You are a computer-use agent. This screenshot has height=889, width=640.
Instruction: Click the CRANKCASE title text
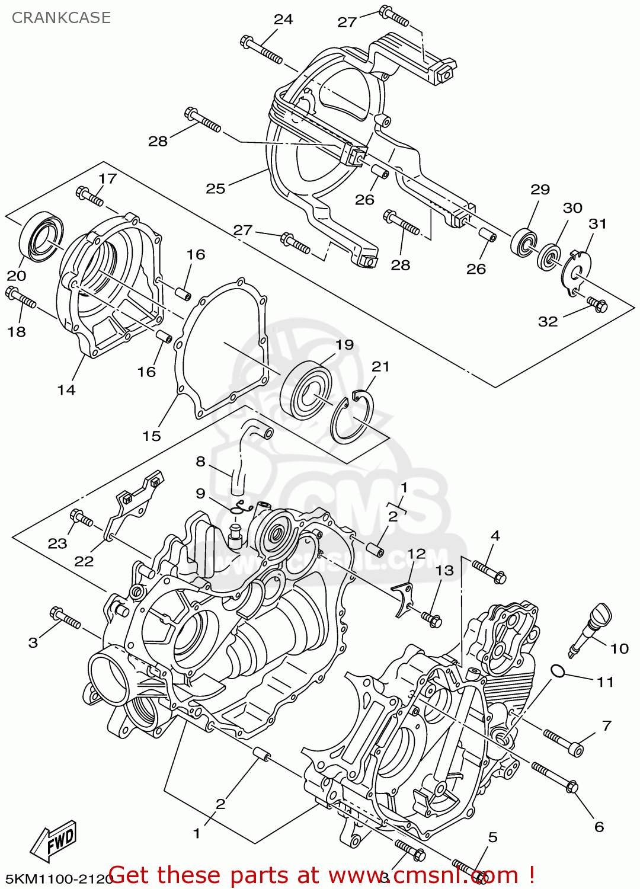[61, 18]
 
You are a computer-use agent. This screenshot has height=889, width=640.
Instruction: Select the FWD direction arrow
[54, 841]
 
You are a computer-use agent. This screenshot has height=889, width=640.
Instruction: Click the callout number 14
[66, 390]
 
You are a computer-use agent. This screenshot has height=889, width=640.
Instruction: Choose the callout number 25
[215, 188]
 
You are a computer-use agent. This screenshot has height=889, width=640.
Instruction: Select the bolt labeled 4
[488, 571]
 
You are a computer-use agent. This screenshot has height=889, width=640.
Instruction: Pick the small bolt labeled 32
[597, 305]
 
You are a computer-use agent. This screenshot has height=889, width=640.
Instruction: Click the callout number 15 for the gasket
[152, 436]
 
